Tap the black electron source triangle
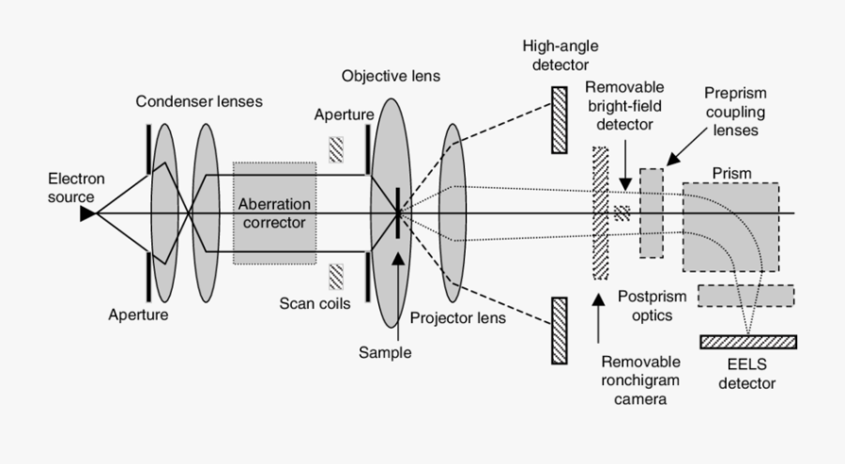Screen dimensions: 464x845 (87, 214)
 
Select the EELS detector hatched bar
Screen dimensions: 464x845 (748, 340)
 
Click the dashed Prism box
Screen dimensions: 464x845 (730, 226)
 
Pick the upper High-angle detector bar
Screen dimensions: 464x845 (560, 119)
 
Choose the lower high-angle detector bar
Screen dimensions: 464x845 (560, 330)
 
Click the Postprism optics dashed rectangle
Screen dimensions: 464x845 (745, 296)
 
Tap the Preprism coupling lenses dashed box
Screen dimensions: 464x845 (652, 212)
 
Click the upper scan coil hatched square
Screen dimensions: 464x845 (336, 149)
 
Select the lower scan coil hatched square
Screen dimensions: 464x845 (336, 276)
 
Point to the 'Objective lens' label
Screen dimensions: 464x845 (391, 75)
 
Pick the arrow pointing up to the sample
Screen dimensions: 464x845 (399, 282)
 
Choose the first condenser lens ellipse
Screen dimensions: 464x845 (164, 213)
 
